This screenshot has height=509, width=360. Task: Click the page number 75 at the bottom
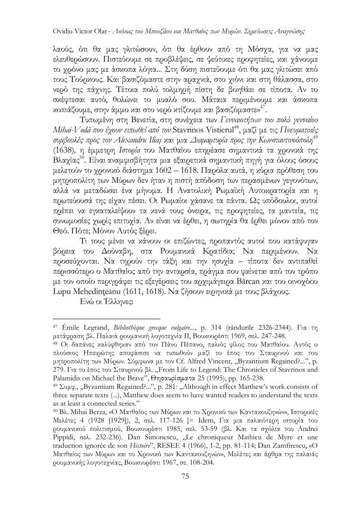(x=180, y=476)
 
